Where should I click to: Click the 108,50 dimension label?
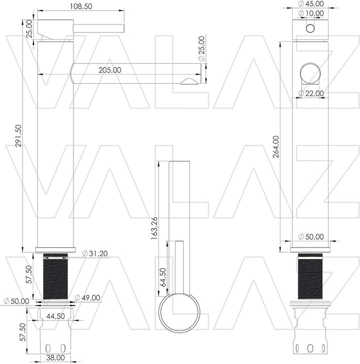tap(81, 6)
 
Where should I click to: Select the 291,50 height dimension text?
tap(18, 136)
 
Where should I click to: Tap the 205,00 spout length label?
tap(109, 70)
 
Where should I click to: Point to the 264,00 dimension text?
tap(275, 147)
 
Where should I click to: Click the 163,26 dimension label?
tap(154, 228)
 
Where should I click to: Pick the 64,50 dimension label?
tap(163, 277)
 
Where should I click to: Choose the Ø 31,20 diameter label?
tap(95, 253)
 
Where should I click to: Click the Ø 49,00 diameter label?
tap(87, 298)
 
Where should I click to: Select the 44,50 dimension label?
tap(55, 316)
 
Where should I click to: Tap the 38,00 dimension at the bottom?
tap(55, 358)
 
